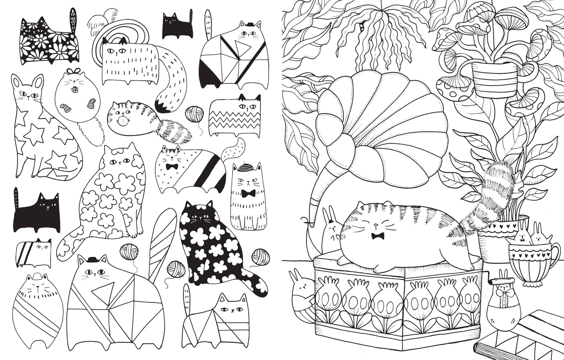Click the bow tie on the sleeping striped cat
[377, 236]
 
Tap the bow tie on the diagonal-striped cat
[172, 167]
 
